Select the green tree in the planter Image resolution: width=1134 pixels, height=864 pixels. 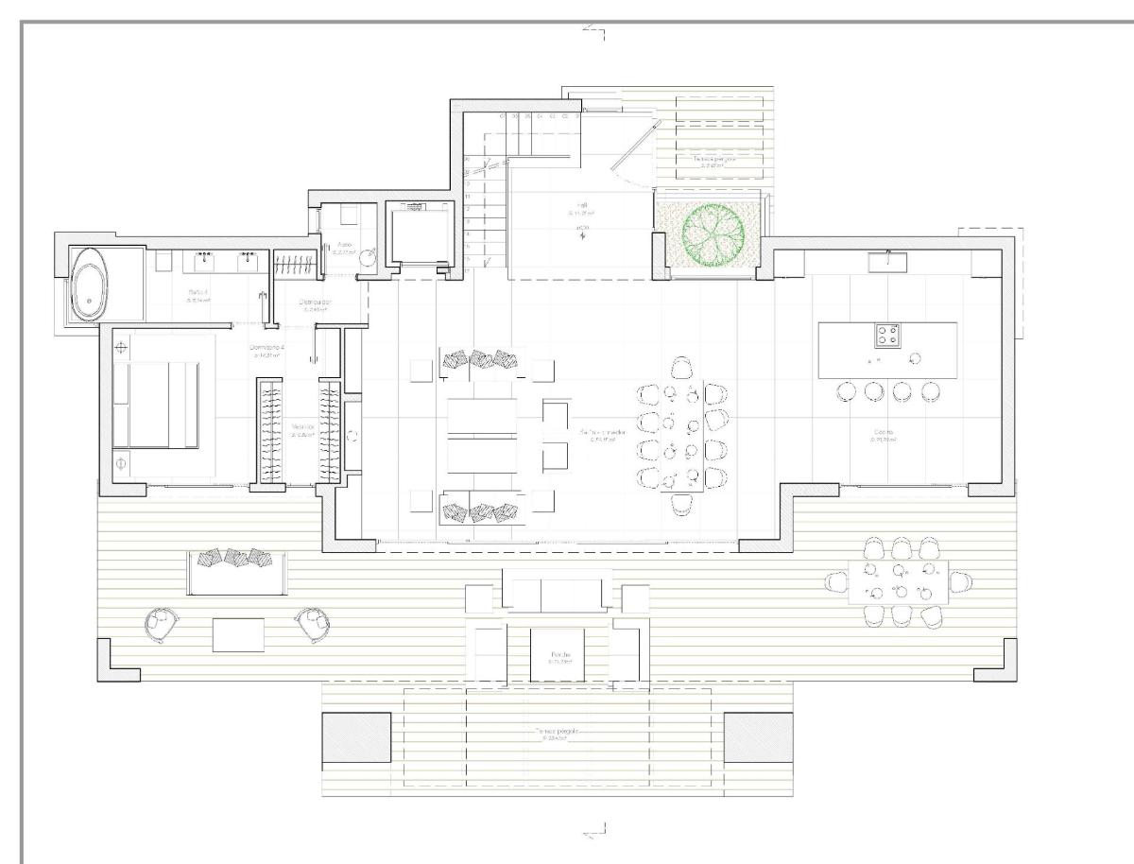707,231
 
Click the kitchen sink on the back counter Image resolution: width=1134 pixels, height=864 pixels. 887,258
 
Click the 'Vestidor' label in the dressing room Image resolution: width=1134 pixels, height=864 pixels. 302,429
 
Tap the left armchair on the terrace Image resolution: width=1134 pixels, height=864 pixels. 163,624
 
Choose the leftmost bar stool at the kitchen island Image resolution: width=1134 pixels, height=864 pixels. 847,391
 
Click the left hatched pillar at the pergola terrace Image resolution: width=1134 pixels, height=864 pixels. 355,738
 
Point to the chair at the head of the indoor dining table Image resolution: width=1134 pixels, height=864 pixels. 680,366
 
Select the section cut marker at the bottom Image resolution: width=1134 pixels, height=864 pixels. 595,832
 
